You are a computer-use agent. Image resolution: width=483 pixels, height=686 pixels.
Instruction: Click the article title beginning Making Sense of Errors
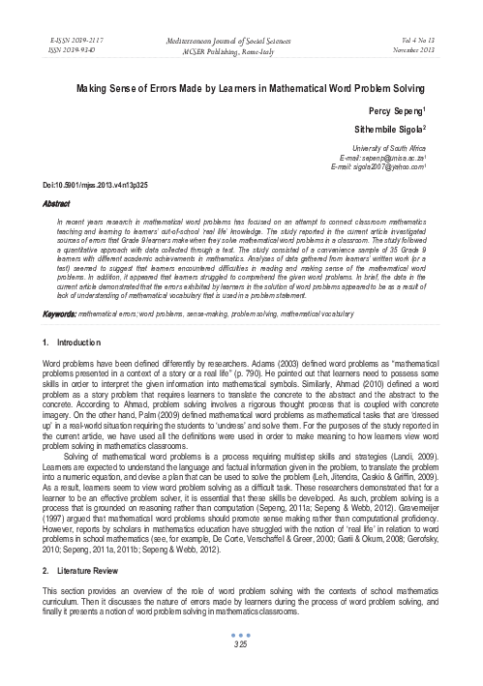[241, 87]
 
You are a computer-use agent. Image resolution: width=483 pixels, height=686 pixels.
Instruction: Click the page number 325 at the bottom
[241, 669]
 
